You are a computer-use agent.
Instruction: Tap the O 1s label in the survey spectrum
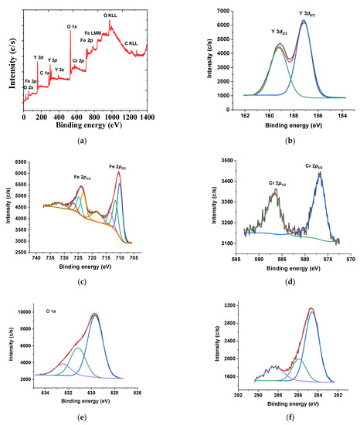72,28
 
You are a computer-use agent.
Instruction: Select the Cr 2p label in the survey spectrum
78,59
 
